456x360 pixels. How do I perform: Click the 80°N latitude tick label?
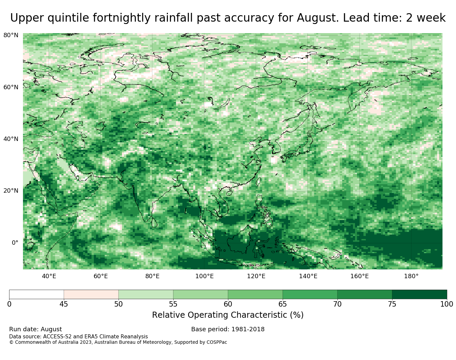[11, 35]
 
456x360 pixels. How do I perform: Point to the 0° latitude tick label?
[15, 242]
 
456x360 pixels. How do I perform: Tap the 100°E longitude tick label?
[204, 276]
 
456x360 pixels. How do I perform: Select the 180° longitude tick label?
[411, 276]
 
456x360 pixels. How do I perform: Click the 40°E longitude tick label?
[49, 276]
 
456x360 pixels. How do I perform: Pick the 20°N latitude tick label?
[11, 191]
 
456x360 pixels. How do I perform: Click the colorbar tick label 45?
[64, 304]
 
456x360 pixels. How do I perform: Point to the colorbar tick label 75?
[392, 304]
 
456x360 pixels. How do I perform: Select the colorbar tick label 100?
[447, 304]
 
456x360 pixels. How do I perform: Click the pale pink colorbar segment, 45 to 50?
[91, 294]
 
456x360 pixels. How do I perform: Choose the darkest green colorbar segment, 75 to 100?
[420, 294]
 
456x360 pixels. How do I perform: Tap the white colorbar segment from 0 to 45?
[36, 294]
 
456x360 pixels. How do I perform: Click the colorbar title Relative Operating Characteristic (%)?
[228, 315]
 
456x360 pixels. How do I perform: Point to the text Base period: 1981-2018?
[228, 329]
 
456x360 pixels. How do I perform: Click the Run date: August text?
[35, 329]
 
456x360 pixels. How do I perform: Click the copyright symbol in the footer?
[11, 342]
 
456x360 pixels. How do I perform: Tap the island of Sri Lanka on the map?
[154, 222]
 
